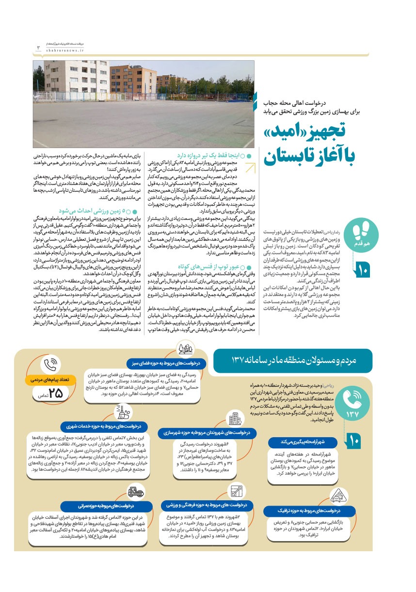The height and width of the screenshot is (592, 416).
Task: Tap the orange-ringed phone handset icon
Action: [x=51, y=365]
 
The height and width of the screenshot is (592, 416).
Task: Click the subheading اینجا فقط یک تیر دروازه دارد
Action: [x=209, y=157]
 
